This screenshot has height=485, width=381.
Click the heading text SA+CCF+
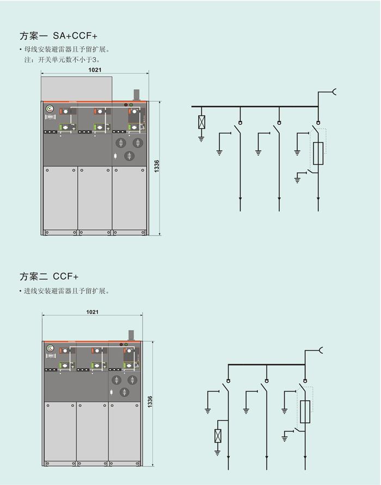coord(76,36)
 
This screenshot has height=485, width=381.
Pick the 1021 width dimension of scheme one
coord(95,70)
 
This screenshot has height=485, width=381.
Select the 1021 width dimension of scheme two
coord(93,312)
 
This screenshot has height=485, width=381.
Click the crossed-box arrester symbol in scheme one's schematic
coord(201,122)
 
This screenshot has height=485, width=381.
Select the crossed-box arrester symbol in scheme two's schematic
coord(218,435)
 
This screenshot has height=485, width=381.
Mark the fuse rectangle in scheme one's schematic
coord(318,154)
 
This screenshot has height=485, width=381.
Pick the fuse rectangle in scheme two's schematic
coord(305,412)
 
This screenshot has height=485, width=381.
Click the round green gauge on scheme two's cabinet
coord(50,348)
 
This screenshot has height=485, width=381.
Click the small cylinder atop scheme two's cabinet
coord(131,334)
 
